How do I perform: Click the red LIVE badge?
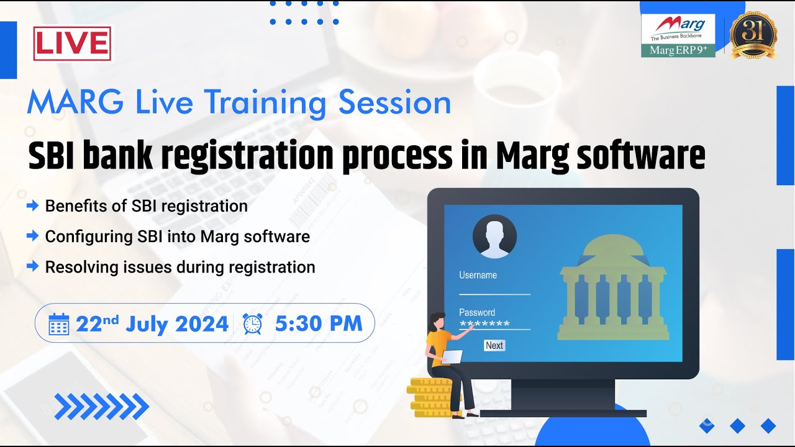coord(72,43)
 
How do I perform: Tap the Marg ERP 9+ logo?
coord(678,35)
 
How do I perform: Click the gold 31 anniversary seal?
coord(753,35)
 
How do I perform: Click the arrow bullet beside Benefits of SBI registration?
coord(32,205)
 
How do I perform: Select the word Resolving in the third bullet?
coord(78,268)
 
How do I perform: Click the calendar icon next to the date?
coord(58,323)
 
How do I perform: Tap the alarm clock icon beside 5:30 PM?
coord(252,323)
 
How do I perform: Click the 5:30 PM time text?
coord(318,323)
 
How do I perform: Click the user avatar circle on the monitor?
coord(494,237)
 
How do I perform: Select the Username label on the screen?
coord(478,275)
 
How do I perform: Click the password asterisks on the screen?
coord(484,324)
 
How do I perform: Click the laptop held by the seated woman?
coord(452,357)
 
